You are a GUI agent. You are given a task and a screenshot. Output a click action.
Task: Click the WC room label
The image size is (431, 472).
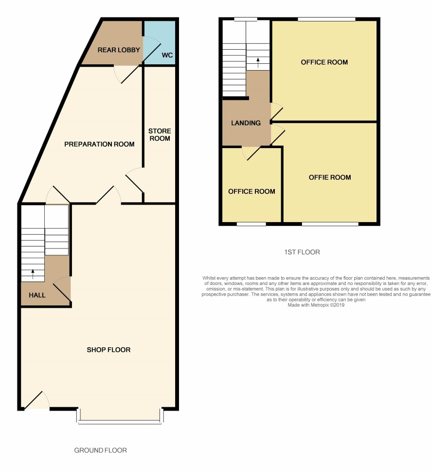[167, 55]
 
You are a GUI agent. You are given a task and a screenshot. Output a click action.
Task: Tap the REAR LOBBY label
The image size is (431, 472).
[119, 50]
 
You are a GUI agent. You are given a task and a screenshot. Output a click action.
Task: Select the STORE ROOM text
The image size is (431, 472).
[160, 134]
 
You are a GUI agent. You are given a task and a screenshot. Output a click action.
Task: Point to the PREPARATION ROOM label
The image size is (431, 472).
[99, 144]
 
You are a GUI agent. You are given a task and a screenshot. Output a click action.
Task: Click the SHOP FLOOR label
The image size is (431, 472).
[108, 350]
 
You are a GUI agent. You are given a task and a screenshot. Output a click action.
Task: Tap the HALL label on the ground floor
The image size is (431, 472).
[37, 295]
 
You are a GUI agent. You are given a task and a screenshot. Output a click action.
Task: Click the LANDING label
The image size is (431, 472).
[246, 123]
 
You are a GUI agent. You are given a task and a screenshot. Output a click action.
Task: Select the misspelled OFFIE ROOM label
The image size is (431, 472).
[330, 177]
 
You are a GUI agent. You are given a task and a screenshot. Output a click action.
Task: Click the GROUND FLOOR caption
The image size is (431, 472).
[100, 451]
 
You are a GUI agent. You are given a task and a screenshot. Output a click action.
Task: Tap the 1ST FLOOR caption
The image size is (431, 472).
[302, 252]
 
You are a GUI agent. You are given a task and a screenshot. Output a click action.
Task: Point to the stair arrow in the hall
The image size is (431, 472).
[33, 274]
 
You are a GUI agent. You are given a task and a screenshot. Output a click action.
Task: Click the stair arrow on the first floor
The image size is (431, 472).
[258, 63]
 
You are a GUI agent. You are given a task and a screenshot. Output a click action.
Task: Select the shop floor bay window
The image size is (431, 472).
[120, 417]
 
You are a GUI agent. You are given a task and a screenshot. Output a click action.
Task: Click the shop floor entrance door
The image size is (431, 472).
[36, 400]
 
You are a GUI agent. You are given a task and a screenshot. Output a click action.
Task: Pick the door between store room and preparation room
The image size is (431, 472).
[134, 180]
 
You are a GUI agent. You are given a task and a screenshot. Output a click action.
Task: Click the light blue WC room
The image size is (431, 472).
[159, 42]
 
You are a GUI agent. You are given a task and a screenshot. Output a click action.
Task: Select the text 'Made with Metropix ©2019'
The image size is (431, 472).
[316, 305]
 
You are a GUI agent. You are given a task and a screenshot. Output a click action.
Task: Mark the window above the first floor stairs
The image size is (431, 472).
[246, 19]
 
